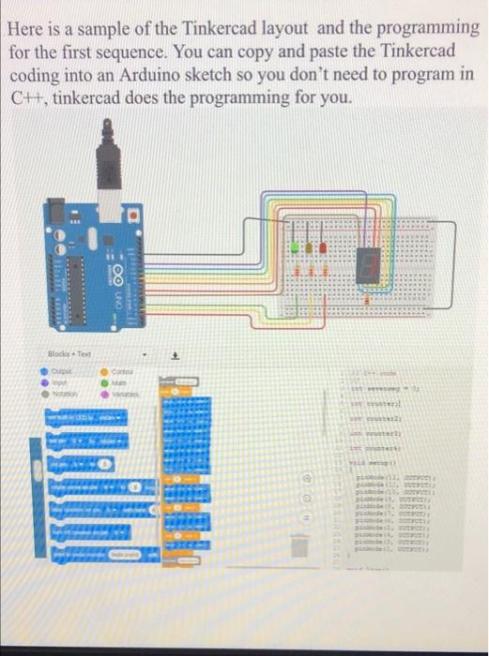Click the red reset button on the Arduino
(135, 214)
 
